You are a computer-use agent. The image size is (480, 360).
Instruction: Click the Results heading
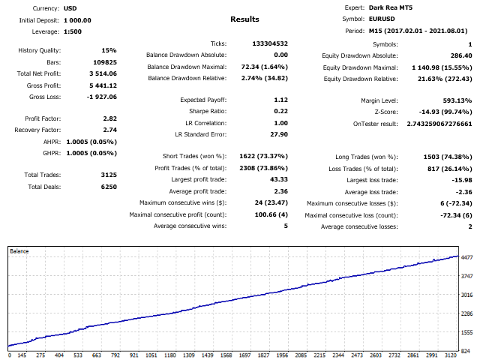pos(244,19)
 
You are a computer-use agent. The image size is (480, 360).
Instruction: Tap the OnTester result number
pos(439,123)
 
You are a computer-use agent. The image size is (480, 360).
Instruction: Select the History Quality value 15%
pos(109,51)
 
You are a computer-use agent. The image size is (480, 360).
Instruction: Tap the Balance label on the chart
pos(19,251)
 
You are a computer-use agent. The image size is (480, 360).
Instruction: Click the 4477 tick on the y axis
pos(467,257)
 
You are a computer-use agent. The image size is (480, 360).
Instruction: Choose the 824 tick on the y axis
pos(466,350)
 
